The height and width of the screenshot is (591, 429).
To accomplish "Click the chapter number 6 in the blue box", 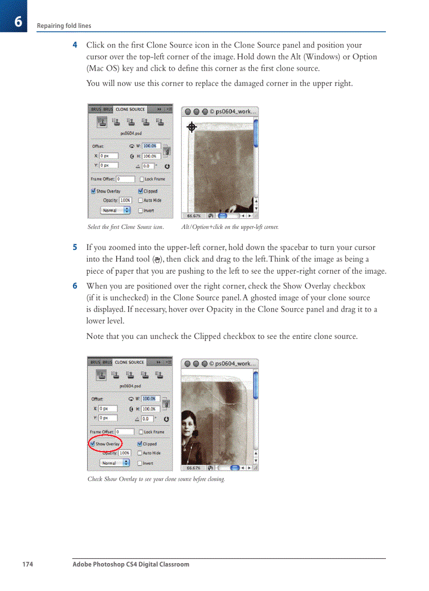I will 18,22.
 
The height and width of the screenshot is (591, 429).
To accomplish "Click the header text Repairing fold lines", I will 64,26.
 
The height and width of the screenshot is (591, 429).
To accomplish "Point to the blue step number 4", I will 75,45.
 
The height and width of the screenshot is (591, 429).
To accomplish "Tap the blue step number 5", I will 75,247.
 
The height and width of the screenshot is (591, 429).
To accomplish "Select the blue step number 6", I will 75,286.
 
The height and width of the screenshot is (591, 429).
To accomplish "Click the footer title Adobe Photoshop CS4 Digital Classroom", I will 130,565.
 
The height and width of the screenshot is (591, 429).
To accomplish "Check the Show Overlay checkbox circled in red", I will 93,444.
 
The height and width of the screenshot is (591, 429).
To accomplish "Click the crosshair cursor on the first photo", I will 192,127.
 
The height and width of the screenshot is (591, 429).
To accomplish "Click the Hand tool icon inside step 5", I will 156,259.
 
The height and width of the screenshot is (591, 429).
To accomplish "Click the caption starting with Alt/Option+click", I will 230,227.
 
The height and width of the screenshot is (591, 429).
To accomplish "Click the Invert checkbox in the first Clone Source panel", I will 140,211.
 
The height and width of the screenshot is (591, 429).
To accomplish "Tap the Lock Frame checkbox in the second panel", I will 140,432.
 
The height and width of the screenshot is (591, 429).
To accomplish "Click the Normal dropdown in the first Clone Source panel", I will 115,211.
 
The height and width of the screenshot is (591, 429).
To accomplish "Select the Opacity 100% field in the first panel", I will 125,201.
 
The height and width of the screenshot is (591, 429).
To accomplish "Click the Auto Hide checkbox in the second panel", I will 140,453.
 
